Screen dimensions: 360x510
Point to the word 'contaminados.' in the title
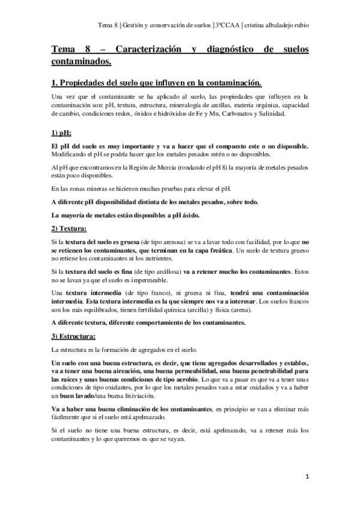pos(82,61)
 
